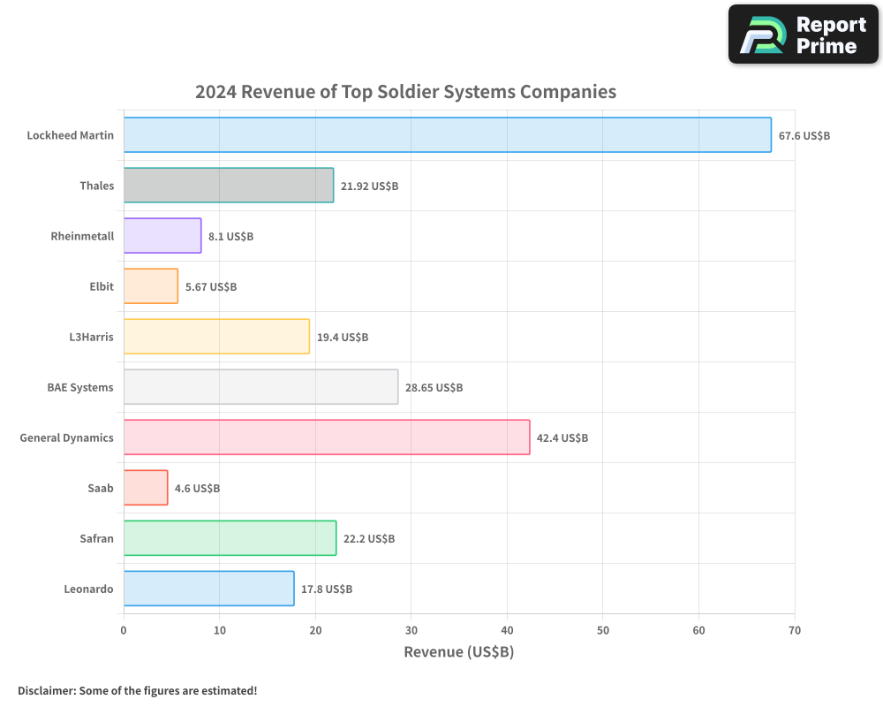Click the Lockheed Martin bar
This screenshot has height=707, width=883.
coord(447,135)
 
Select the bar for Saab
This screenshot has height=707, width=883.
coord(146,488)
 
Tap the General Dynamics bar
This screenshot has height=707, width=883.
coord(327,437)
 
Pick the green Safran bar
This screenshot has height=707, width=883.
coord(230,538)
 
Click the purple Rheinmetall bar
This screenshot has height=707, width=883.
coord(162,236)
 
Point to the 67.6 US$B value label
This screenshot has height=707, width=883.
coord(804,136)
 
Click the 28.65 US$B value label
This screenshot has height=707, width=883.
coord(434,388)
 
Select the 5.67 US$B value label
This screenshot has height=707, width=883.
coord(211,287)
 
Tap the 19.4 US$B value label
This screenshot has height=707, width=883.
coord(343,338)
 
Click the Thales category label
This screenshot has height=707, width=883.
coord(96,186)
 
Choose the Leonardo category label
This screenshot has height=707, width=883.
coord(88,589)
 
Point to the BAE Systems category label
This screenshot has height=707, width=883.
coord(80,387)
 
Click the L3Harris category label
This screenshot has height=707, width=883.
coord(92,337)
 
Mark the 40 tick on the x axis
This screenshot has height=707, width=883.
coord(507,630)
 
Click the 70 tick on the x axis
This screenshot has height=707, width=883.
coord(795,630)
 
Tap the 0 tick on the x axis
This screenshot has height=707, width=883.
coord(124,630)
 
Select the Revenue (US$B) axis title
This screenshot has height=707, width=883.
coord(458,652)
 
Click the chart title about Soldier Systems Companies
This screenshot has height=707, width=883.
coord(405,92)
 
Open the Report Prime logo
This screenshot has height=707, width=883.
coord(803,34)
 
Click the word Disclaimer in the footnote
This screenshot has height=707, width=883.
coord(46,690)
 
